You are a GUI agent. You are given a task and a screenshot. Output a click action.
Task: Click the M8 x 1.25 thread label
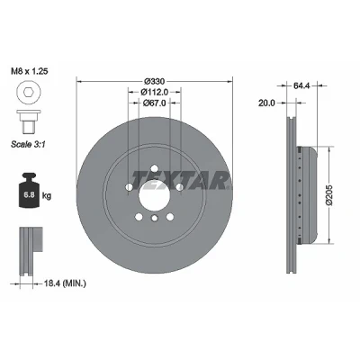[x=30, y=71]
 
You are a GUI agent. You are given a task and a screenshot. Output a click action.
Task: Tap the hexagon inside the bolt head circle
[x=29, y=93]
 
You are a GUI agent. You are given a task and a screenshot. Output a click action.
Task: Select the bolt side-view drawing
[x=29, y=121]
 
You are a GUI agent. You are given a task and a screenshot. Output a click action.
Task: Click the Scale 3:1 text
[x=28, y=144]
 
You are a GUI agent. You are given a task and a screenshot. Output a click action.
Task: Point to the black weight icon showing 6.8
[x=29, y=190]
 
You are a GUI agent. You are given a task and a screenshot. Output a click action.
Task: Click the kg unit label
[x=47, y=196]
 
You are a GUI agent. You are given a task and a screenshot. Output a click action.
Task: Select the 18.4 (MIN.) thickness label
[x=65, y=283]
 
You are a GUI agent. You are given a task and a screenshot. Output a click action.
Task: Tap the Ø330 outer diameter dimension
[x=155, y=81]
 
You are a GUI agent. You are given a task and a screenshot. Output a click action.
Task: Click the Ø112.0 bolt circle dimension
[x=155, y=92]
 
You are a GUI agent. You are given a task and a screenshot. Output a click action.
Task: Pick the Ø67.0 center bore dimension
[x=155, y=103]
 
